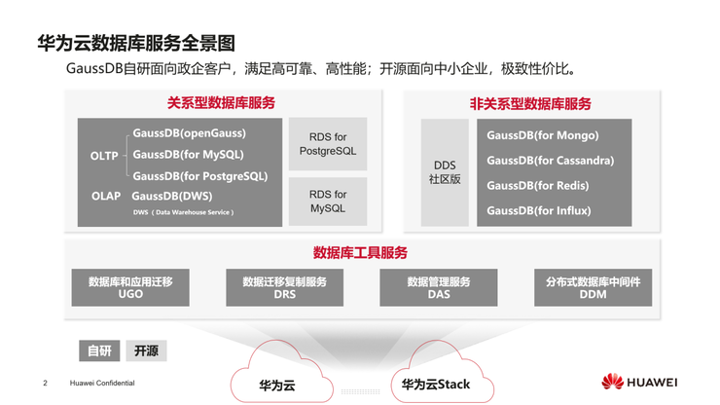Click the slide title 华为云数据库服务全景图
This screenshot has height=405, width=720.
pos(136,43)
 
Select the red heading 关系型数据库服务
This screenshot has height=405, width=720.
pos(221,102)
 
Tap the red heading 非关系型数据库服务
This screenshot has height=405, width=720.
pos(530,103)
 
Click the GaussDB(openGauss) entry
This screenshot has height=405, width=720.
pos(189,133)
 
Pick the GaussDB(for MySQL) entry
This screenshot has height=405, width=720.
pos(188,155)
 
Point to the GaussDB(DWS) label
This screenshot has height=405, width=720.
pos(171,196)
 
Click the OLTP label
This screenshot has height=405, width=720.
pos(104,156)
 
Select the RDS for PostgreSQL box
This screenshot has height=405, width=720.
pos(328,144)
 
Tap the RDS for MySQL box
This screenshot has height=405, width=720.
pos(328,202)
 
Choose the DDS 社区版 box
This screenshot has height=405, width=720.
pos(445,172)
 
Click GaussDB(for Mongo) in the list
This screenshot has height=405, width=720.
pos(542,135)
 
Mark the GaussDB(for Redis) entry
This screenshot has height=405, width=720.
pos(537,185)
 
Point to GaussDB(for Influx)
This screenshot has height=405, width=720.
pos(538,210)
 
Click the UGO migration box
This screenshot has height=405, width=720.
pos(130,287)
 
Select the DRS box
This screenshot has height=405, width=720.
pos(284,287)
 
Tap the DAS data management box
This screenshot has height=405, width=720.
pos(438,287)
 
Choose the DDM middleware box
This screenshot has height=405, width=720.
pos(593,287)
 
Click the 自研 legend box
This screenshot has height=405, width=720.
pos(99,350)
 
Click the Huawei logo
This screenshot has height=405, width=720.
pos(638,382)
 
